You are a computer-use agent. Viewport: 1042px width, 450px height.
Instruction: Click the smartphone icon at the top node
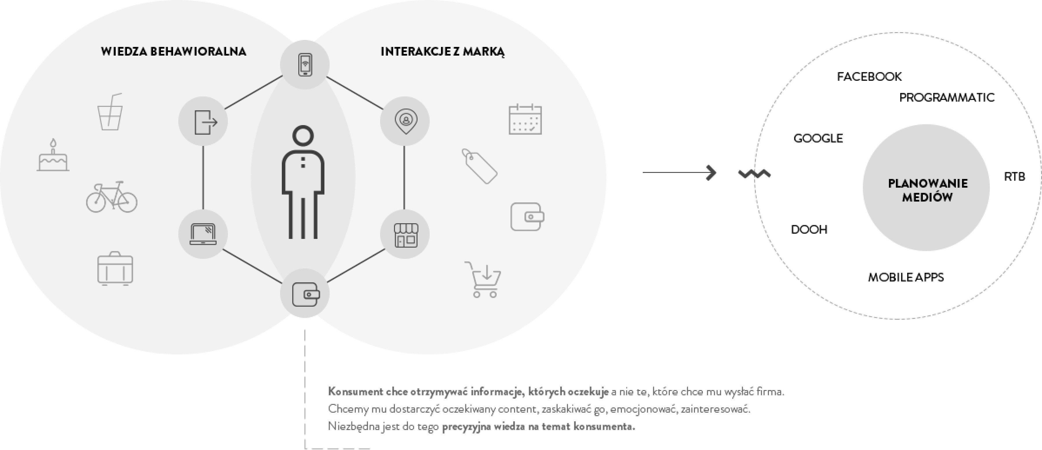305,65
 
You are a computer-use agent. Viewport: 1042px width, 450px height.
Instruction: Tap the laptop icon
203,234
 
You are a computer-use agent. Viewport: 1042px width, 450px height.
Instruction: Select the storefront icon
406,235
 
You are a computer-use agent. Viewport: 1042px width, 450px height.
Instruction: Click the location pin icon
405,121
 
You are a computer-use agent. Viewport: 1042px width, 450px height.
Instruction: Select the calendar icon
525,119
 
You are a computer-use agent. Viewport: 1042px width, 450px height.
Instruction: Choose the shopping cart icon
484,279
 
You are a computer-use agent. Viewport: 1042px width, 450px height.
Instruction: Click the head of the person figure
303,136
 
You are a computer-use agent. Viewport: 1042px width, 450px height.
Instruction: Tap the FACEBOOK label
869,76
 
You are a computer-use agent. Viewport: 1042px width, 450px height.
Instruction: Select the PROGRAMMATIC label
947,97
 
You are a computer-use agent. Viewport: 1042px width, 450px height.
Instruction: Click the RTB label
1014,177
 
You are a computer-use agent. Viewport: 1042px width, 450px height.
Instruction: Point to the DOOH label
809,229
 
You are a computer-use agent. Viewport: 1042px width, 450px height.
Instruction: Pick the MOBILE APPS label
906,277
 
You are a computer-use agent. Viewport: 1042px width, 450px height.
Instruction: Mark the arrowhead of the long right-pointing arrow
711,173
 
